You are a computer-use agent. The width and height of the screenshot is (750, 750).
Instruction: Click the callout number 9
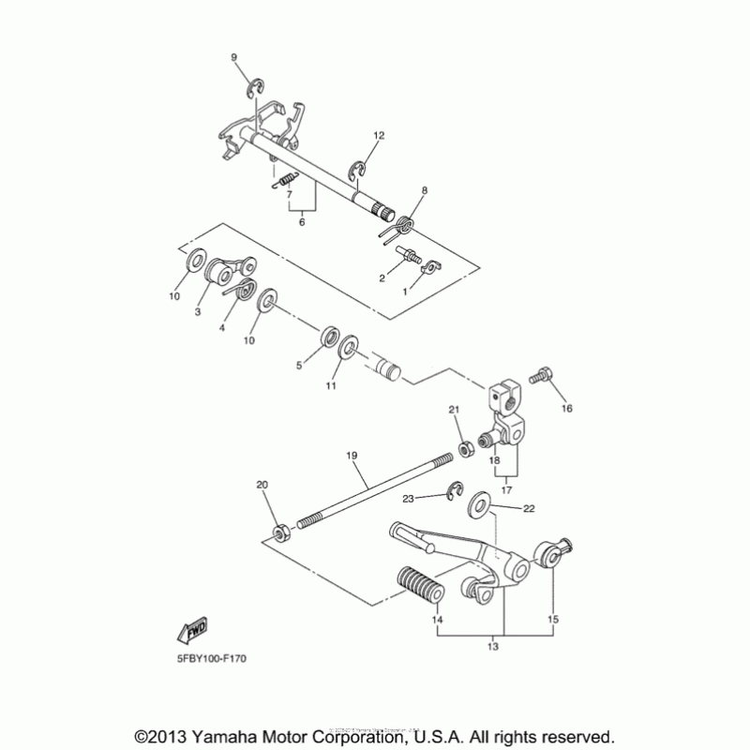(235, 58)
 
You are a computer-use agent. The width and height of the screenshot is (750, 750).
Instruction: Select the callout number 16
(565, 409)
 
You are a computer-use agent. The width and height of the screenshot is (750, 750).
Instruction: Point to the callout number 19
(352, 456)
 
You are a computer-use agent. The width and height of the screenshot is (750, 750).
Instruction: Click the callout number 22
(529, 508)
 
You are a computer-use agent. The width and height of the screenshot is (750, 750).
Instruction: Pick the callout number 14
(437, 621)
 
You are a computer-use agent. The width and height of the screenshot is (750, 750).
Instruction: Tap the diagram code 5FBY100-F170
(215, 659)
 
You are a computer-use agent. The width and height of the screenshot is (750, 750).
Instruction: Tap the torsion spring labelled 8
(406, 225)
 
